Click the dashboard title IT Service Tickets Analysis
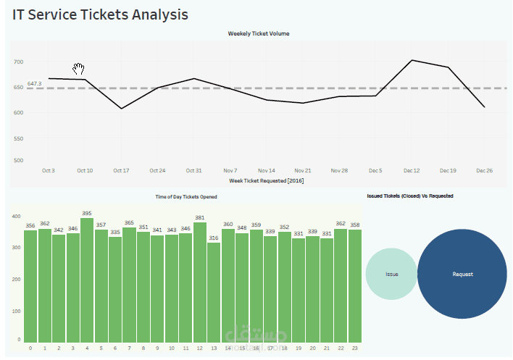pos(100,14)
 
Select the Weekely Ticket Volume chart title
pos(259,33)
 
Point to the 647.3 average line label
pos(34,84)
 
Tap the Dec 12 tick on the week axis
pos(412,170)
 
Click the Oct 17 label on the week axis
pos(121,170)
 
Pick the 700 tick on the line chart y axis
pos(18,62)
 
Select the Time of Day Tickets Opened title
pos(186,196)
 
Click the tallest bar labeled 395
pos(87,280)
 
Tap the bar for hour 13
pos(213,292)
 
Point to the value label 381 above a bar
pos(199,217)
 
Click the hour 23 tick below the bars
pos(354,348)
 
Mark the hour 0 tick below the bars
pos(30,348)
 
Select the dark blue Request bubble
pos(462,274)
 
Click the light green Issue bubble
pos(391,274)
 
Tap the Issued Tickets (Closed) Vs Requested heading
pos(410,196)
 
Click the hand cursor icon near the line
pos(79,69)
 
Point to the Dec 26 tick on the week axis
pos(484,170)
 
